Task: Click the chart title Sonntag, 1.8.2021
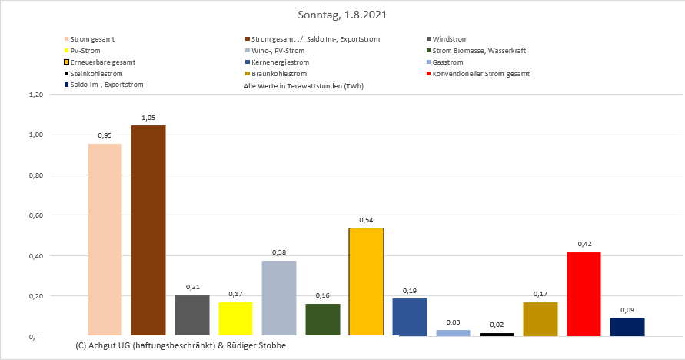click(x=342, y=15)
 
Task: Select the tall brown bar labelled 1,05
click(x=148, y=230)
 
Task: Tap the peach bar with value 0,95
click(x=105, y=239)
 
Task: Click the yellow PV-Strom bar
click(x=235, y=318)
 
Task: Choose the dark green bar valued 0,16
click(x=322, y=319)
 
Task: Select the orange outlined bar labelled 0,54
click(x=366, y=282)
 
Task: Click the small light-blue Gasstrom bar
click(x=453, y=332)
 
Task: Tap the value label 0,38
click(x=279, y=252)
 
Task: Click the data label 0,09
click(x=627, y=309)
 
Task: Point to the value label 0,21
click(x=191, y=287)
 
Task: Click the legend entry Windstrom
click(x=450, y=38)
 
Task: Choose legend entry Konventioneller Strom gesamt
click(x=481, y=73)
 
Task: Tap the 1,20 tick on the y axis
click(x=35, y=95)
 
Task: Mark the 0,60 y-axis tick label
click(x=35, y=215)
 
